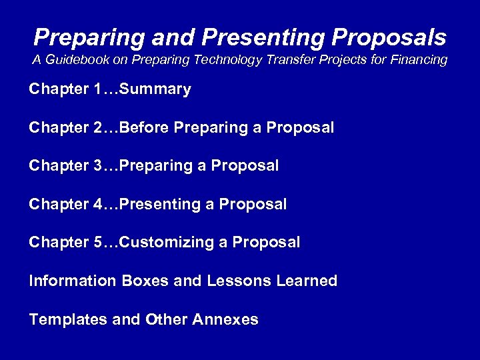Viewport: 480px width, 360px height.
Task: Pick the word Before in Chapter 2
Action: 145,127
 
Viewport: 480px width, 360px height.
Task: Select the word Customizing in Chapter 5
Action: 169,242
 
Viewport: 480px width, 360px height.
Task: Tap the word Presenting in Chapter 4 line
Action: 165,204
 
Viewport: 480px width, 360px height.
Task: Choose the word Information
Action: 73,281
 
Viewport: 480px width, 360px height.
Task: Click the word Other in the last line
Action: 166,319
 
